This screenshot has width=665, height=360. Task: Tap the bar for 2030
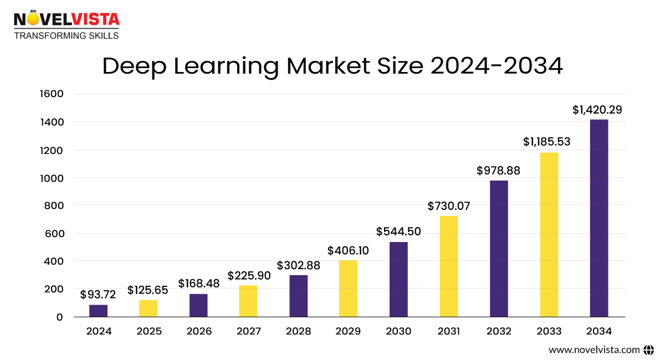(x=398, y=279)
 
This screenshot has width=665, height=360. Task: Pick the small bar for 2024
(x=99, y=311)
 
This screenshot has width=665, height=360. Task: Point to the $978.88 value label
(x=498, y=171)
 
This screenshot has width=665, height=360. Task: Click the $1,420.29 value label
(x=597, y=110)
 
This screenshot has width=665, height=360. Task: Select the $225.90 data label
(x=249, y=275)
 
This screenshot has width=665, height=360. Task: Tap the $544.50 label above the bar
(x=398, y=232)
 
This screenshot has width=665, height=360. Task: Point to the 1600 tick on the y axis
(x=52, y=94)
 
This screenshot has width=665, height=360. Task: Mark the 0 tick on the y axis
(x=59, y=317)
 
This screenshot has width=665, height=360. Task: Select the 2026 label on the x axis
(x=199, y=331)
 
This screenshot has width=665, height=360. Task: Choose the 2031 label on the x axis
(x=448, y=331)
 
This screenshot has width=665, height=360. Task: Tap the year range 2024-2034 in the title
(x=497, y=66)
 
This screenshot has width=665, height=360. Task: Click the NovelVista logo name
(x=66, y=19)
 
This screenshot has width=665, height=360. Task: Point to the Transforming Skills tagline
(x=66, y=35)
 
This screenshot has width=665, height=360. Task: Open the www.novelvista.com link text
(x=594, y=349)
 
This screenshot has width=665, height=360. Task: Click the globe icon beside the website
(x=649, y=349)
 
